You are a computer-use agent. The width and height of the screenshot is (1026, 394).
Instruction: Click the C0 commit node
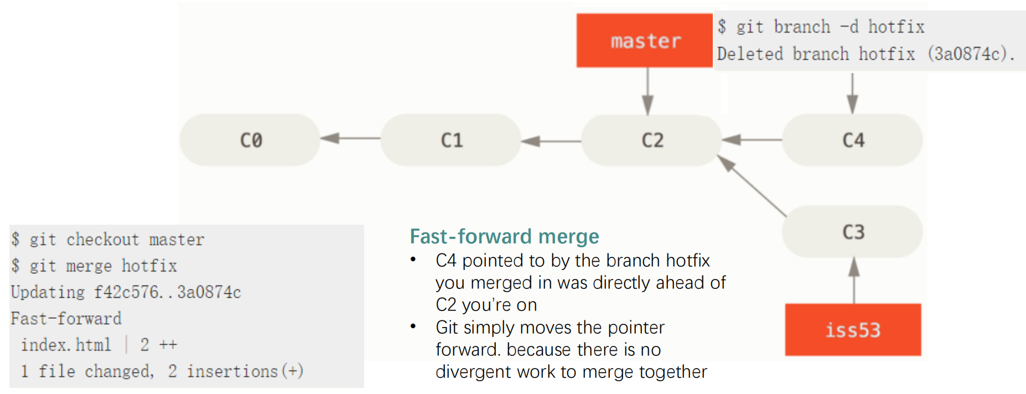click(x=250, y=140)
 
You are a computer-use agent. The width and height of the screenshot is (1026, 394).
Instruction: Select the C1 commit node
click(x=451, y=140)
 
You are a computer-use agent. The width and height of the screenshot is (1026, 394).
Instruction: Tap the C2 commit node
click(x=652, y=140)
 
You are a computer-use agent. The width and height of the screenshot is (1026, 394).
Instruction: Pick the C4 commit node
click(x=852, y=140)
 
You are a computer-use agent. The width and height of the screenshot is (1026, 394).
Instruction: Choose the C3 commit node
click(x=852, y=232)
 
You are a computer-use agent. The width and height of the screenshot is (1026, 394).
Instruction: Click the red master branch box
click(x=645, y=40)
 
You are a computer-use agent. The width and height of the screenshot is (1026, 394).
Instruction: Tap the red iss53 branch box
click(x=853, y=330)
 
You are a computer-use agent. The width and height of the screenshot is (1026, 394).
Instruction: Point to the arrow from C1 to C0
click(x=350, y=138)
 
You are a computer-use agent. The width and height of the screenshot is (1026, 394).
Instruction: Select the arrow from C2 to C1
click(x=551, y=141)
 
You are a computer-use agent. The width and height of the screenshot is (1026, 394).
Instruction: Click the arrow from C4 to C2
click(x=752, y=139)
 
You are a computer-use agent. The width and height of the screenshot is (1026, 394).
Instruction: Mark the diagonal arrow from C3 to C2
click(x=752, y=186)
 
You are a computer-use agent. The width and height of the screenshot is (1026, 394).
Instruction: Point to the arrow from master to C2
click(x=647, y=91)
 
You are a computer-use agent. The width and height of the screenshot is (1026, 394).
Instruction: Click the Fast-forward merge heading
click(x=504, y=236)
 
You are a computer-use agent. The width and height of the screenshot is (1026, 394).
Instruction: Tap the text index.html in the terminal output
click(x=66, y=345)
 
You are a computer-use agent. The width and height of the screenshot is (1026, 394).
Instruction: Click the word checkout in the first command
click(x=103, y=240)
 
